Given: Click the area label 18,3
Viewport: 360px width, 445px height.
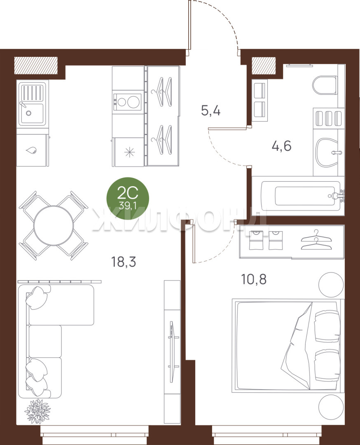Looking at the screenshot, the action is tap(124, 262).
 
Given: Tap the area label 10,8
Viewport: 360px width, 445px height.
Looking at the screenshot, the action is tap(254, 279).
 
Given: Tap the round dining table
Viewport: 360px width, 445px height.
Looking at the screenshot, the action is tap(53, 226).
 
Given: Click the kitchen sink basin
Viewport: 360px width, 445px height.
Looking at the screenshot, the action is tap(31, 114).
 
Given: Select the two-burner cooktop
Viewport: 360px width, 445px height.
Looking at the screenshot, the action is tap(127, 102).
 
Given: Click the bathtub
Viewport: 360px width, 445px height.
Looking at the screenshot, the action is tap(297, 196).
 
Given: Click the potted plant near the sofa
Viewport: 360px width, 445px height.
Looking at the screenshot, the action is tap(37, 411).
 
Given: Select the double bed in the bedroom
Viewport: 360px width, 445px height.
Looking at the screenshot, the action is tap(288, 345).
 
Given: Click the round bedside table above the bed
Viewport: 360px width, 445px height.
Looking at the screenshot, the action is tap(331, 285).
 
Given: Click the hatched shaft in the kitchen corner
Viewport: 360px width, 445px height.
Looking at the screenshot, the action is tap(36, 65).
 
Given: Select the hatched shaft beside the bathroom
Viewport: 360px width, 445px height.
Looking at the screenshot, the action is tap(264, 66).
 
